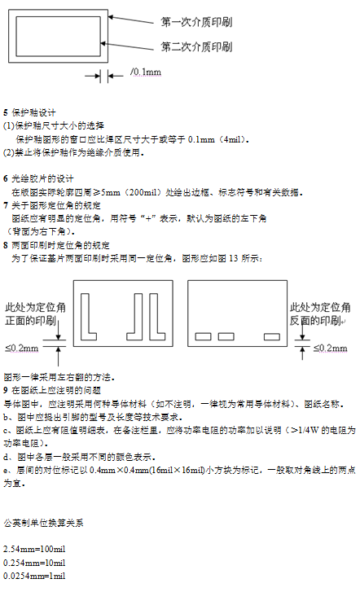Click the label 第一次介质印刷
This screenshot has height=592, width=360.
pos(196,22)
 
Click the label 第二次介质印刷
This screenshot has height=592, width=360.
pos(196,46)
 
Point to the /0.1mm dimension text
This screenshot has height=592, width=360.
pos(146,72)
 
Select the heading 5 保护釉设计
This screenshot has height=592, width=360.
pos(29,112)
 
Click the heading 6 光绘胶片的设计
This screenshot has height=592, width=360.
pos(38,178)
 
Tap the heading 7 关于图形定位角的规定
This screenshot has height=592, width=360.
pos(52,205)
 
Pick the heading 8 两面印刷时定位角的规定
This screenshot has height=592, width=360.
pos(57,245)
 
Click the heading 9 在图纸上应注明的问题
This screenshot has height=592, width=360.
pos(52,390)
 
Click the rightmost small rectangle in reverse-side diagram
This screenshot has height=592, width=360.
pos(272,336)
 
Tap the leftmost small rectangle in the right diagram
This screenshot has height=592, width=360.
pos(204,336)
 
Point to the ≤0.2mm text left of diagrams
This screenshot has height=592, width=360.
pos(21,348)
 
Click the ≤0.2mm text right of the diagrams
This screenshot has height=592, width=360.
pos(331,348)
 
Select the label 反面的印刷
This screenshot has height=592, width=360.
pos(315,321)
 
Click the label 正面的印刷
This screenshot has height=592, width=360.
pos(31,321)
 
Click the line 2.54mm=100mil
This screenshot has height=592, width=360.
pos(34,549)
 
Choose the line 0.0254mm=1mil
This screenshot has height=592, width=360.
pos(34,577)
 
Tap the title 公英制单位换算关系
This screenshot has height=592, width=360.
pos(43,523)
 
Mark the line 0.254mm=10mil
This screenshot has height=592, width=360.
pos(34,563)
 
